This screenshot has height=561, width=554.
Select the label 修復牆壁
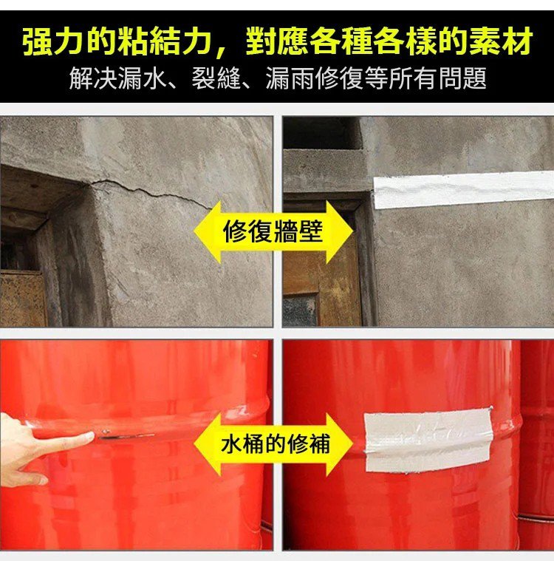[273, 231]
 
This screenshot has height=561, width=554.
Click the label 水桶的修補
[275, 444]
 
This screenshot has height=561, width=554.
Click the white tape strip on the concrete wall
[464, 190]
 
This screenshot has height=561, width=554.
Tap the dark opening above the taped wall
[322, 133]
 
